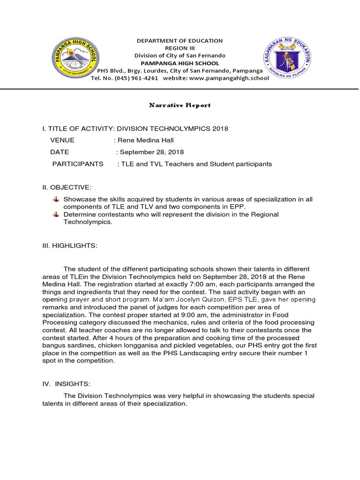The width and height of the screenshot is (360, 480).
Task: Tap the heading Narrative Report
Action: click(180, 105)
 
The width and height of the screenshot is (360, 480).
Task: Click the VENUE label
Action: click(62, 140)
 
